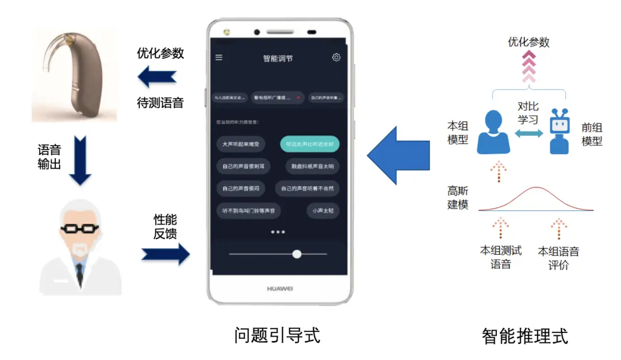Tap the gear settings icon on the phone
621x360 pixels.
336,57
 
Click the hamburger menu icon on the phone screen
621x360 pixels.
218,58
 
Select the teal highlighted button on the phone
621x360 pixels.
309,144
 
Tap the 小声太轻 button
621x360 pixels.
323,210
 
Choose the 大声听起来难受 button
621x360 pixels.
241,144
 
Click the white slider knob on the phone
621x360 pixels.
297,254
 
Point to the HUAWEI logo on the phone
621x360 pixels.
279,289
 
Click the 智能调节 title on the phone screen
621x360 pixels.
278,58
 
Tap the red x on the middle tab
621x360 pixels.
298,98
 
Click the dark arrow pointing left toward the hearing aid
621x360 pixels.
157,77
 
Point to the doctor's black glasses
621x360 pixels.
80,228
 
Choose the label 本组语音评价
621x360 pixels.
558,258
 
